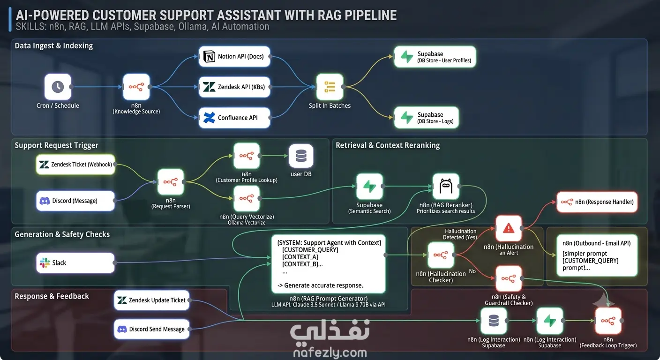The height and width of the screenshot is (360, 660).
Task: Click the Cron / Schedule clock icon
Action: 58,87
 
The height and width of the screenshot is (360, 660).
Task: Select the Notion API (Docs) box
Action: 234,56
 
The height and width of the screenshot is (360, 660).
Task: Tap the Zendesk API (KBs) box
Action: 234,87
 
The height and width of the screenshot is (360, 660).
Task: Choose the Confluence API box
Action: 234,118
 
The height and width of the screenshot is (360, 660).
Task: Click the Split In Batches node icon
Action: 330,87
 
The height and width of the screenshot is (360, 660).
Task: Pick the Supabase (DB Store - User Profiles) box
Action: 435,57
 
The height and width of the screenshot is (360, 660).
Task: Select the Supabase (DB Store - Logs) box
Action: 427,118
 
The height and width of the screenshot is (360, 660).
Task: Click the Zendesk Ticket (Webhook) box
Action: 75,165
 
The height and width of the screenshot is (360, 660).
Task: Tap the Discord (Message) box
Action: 75,201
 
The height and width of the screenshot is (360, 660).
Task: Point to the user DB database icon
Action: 301,156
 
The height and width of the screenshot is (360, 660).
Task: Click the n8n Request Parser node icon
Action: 171,182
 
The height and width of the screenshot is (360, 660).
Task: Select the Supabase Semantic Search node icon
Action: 369,186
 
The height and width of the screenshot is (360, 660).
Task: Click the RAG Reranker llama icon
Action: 446,186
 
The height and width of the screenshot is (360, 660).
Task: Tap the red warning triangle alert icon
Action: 509,228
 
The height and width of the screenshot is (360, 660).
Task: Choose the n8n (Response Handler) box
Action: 597,202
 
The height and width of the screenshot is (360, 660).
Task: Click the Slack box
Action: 75,263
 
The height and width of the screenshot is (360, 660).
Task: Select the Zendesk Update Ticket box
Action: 152,300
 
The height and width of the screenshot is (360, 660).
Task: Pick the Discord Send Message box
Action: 152,329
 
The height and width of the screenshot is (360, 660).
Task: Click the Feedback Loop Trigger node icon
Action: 608,321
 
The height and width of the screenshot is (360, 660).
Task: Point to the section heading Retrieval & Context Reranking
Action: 388,145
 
